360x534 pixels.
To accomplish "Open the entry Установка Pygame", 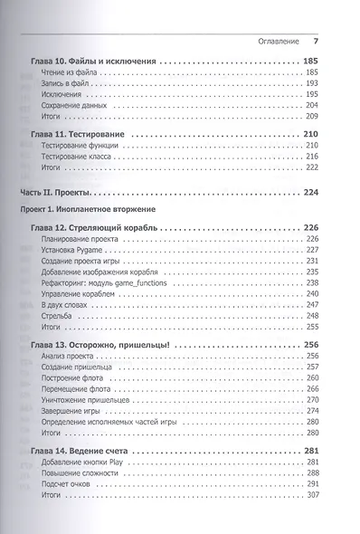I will coord(73,250).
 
